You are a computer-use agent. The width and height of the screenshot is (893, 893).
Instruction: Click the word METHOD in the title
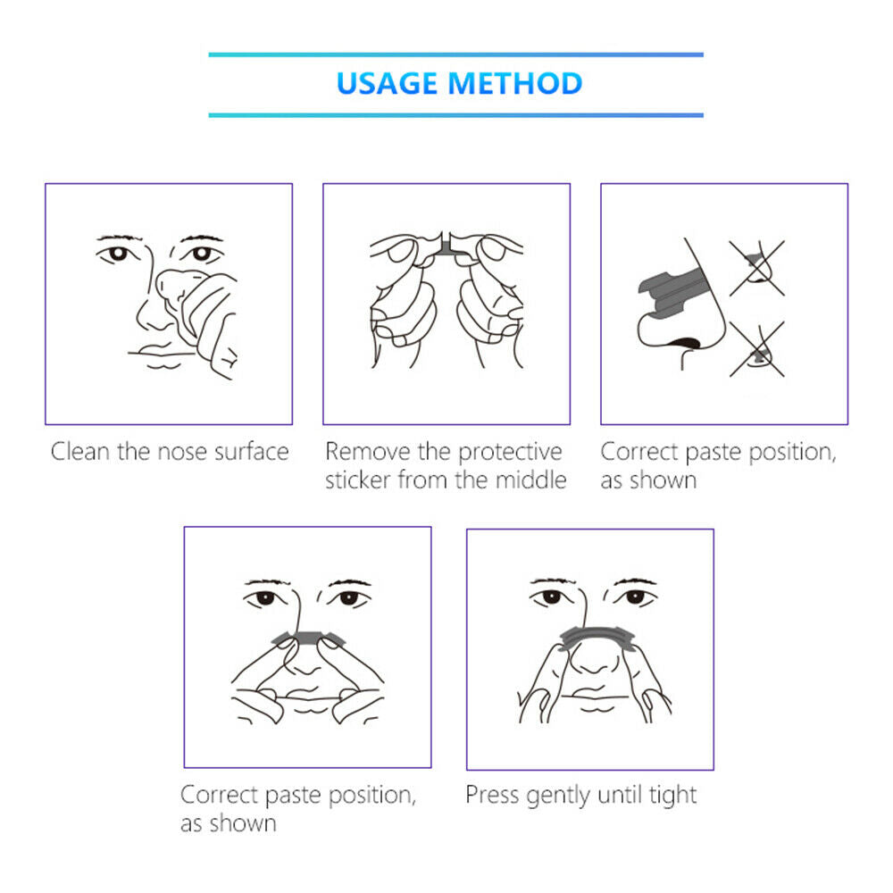tap(515, 83)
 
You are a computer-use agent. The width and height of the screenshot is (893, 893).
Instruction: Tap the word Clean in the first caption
tap(79, 452)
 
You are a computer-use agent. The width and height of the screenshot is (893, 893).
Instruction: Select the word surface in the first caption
tap(252, 452)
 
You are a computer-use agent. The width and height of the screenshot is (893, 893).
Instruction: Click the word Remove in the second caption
tap(368, 452)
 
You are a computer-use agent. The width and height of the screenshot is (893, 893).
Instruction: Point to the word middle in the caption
tap(530, 480)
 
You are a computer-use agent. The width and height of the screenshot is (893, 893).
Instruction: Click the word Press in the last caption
tap(493, 795)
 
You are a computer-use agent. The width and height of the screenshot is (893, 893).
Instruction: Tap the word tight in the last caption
tap(672, 796)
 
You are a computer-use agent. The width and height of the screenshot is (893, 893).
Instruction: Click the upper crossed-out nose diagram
tap(757, 268)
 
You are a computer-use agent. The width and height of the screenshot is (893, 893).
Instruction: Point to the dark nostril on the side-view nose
tap(685, 344)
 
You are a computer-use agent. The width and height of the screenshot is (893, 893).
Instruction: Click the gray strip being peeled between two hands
tap(446, 246)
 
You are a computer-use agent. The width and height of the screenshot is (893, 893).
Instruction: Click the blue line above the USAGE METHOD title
tap(455, 54)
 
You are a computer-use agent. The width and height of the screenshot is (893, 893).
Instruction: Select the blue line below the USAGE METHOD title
tap(455, 115)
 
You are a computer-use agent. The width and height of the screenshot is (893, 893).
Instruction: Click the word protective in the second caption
tap(510, 453)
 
